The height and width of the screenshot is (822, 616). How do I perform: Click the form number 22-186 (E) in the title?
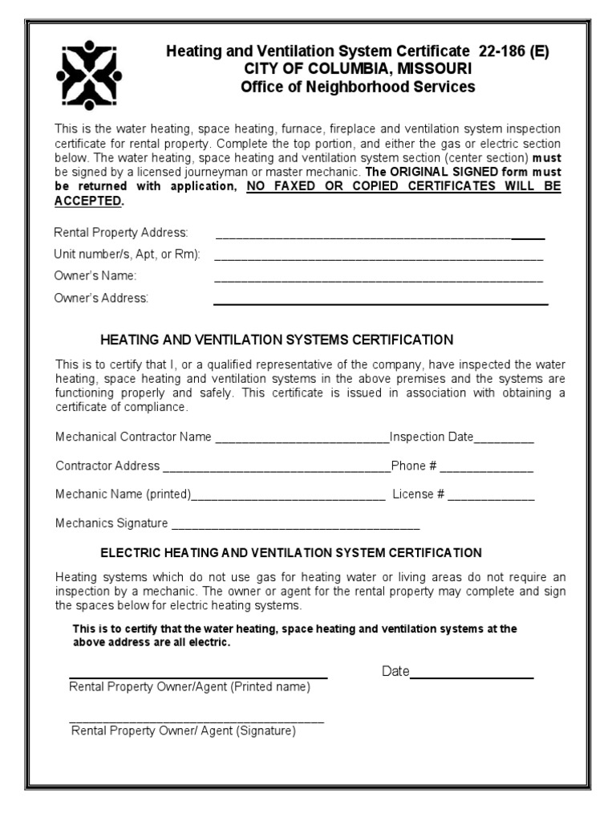coord(514,51)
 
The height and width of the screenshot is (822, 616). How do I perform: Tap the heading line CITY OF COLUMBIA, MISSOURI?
coord(358,69)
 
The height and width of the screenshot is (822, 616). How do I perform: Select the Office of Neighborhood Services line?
coord(358,87)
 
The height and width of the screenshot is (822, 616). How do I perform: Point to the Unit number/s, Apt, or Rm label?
coord(127,254)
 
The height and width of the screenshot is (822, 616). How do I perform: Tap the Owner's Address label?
coord(101,298)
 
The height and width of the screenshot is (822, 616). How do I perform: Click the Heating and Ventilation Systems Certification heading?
coord(277,339)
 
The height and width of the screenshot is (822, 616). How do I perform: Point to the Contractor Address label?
coord(107,466)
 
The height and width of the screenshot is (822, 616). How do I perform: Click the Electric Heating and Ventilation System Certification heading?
coord(290,553)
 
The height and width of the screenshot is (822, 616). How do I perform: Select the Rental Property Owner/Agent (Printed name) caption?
coord(189,687)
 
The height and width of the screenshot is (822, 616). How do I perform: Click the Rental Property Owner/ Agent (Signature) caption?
coord(184,731)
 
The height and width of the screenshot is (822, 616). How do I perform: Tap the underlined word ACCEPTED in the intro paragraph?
coord(87,201)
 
